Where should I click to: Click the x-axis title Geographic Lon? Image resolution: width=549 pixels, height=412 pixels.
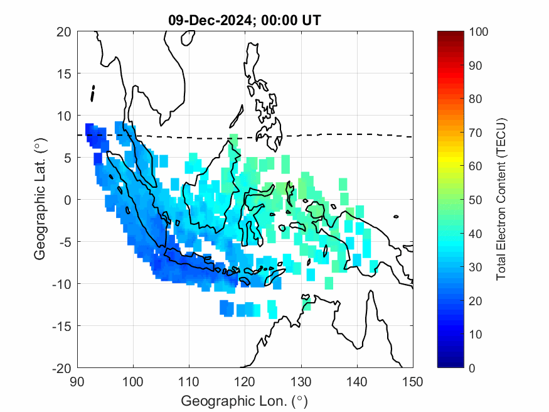[x=245, y=400]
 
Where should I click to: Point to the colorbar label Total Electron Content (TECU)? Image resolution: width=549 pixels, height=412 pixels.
[x=501, y=200]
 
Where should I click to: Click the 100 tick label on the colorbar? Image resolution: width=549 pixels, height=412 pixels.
[x=477, y=32]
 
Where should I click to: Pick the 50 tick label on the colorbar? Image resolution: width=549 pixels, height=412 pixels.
[x=475, y=200]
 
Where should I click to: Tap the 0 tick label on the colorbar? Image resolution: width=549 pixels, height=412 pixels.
[x=472, y=367]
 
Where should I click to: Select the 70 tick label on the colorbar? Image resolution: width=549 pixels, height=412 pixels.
[x=475, y=133]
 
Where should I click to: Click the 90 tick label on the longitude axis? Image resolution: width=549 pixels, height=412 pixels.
[x=77, y=381]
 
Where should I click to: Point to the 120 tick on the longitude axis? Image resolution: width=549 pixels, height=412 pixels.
[x=245, y=381]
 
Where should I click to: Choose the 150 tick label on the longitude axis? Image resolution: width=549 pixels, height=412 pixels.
[x=413, y=381]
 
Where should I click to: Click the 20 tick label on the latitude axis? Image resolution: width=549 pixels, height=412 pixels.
[x=63, y=32]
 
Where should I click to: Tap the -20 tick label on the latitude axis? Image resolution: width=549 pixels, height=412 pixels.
[x=61, y=367]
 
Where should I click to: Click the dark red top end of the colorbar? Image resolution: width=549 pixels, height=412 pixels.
[x=450, y=34]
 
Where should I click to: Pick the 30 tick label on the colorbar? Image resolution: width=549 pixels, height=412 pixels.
[x=475, y=267]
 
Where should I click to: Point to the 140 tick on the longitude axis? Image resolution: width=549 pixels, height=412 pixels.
[x=357, y=381]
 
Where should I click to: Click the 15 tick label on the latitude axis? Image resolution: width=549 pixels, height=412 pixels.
[x=63, y=74]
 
